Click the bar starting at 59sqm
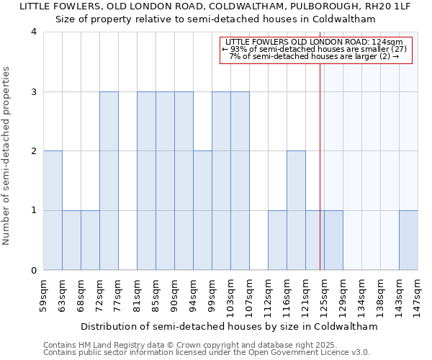pos(53,210)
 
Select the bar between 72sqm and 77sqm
pos(109,181)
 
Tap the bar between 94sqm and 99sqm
pos(202,210)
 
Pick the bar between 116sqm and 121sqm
pos(296,210)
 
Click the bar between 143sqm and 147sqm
pos(408,240)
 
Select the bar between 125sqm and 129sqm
pos(333,240)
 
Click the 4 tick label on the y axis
pos(34,32)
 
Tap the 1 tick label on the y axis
pos(34,211)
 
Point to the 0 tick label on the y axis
pos(34,271)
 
